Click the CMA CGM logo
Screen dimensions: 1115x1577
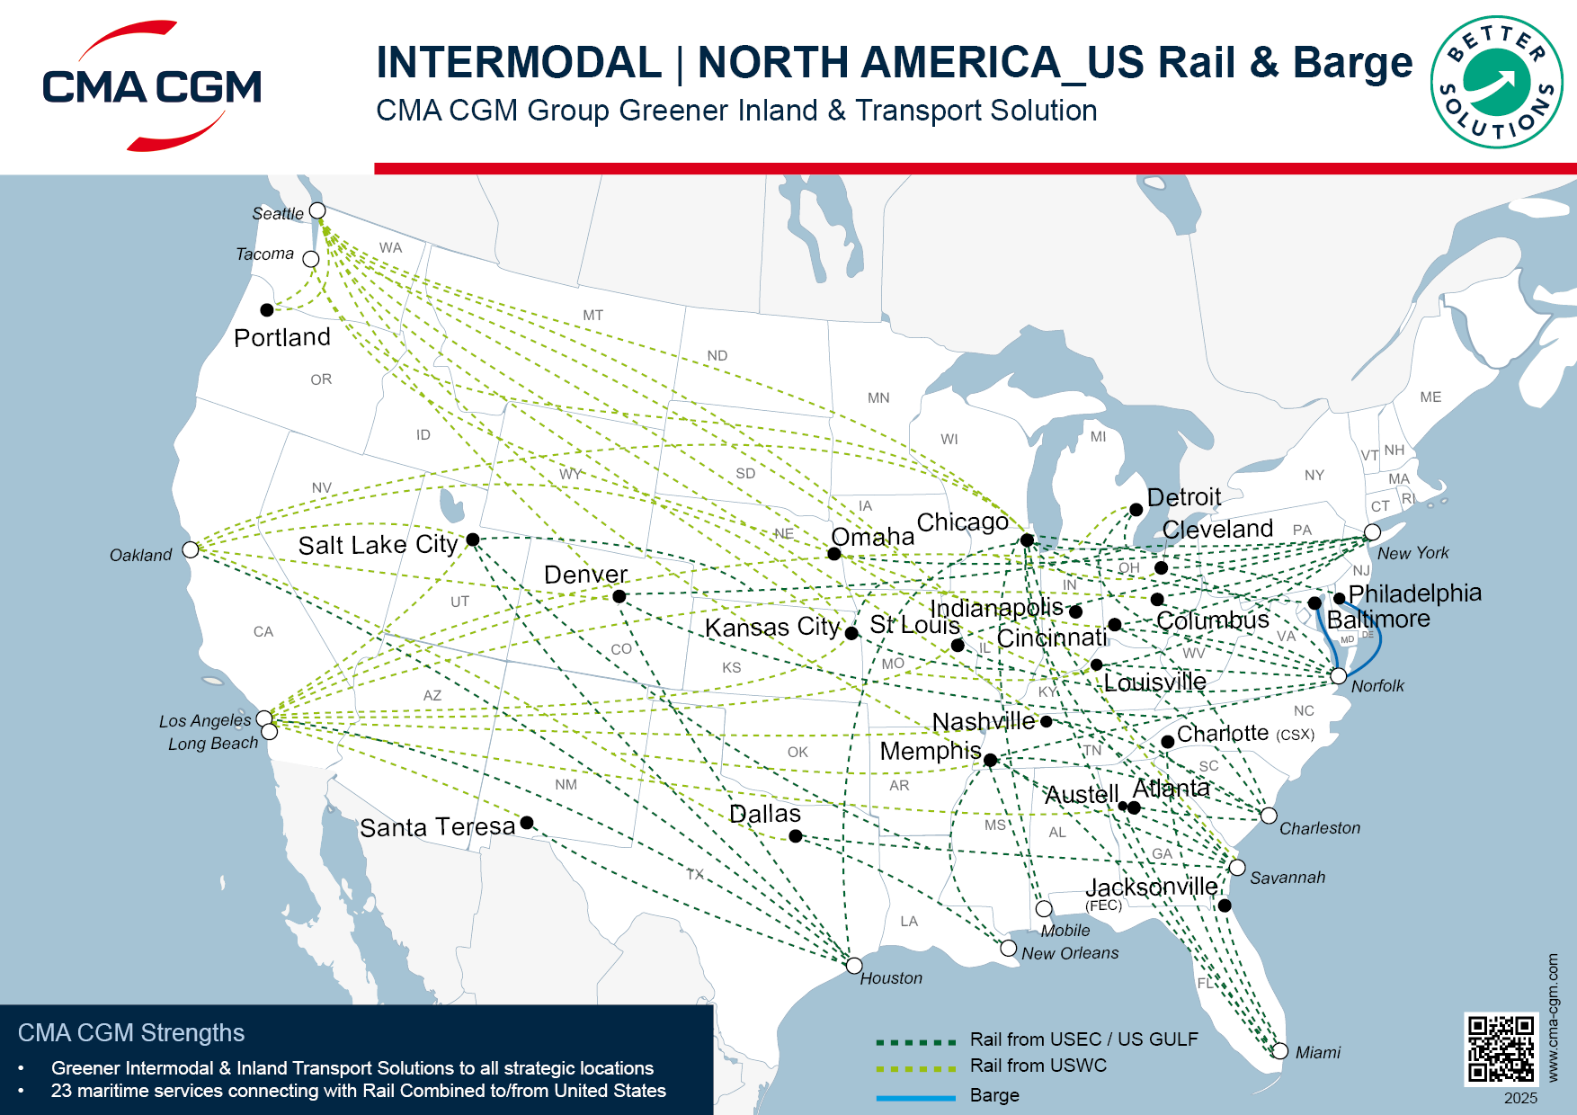coord(151,86)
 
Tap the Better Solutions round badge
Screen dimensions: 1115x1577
coord(1496,83)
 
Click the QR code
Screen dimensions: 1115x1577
coord(1501,1048)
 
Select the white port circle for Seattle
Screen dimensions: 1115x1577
coord(317,210)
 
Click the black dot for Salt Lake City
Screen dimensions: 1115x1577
coord(473,540)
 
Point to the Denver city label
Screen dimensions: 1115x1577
coord(585,575)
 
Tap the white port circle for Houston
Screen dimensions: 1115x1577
coord(854,966)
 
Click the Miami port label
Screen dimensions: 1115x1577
coord(1317,1053)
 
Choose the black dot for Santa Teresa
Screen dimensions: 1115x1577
coord(527,823)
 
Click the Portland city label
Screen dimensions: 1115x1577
coord(282,338)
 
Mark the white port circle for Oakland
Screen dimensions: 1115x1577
coord(191,549)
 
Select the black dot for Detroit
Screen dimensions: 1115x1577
coord(1136,510)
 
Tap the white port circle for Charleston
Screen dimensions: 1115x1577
coord(1269,816)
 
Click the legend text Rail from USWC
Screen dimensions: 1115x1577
coord(1038,1066)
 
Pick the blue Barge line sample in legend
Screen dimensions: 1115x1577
coord(915,1097)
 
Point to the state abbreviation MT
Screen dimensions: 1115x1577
coord(592,316)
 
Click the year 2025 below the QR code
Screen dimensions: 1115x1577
coord(1520,1098)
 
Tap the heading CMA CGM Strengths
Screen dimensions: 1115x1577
coord(131,1033)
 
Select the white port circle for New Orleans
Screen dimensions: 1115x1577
coord(1009,949)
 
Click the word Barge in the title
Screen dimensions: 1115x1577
coord(1352,63)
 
